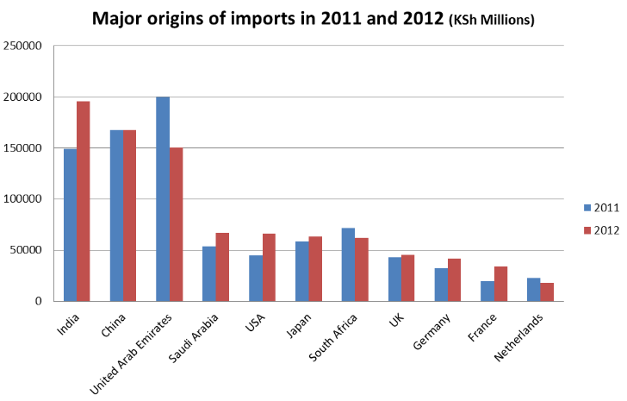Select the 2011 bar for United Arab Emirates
pos(163,199)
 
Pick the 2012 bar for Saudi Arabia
pos(222,266)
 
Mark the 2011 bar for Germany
pos(442,285)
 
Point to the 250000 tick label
pos(23,46)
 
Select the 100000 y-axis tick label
pos(23,199)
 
